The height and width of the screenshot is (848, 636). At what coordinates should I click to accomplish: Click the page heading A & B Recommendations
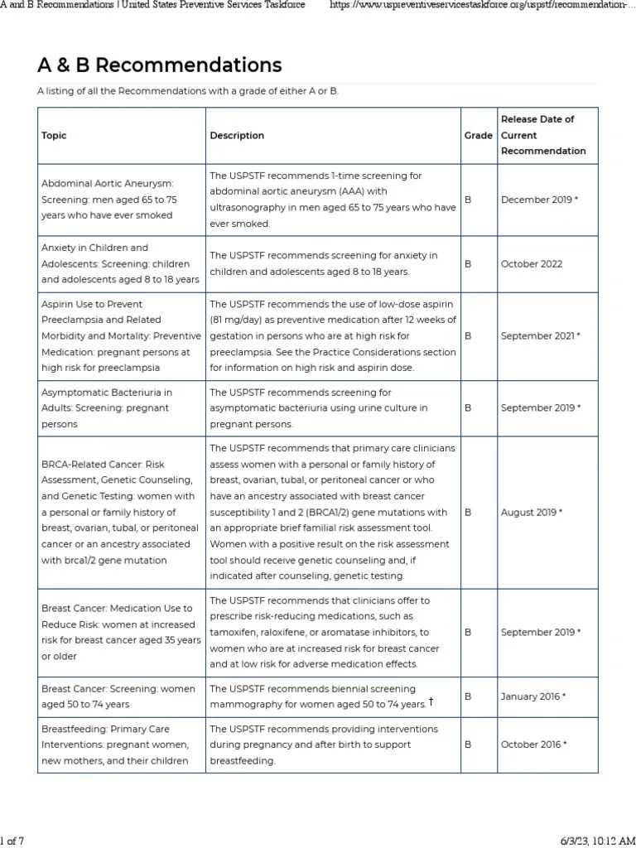pos(159,65)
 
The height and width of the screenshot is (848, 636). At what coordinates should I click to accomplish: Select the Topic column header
pos(54,135)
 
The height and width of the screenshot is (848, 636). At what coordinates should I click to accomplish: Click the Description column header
pos(237,135)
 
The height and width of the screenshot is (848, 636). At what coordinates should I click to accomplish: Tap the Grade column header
pos(478,135)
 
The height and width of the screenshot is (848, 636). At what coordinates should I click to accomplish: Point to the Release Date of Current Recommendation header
pos(542,135)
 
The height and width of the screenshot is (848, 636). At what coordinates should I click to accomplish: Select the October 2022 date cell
pos(531,264)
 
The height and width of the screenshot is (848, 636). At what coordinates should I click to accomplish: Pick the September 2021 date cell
pos(540,336)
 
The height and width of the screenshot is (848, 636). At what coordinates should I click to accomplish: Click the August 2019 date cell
pos(531,513)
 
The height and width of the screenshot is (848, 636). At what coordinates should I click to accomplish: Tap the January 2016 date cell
pos(532,696)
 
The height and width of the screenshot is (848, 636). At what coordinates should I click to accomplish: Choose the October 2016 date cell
pos(533,744)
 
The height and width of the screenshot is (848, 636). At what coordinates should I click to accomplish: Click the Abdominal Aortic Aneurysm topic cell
pos(109,200)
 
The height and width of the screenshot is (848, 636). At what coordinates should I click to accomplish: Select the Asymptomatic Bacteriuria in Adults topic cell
pos(107,408)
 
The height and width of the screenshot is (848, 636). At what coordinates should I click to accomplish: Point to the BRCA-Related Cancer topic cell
pos(120,513)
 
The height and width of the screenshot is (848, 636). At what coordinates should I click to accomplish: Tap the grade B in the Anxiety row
pos(468,264)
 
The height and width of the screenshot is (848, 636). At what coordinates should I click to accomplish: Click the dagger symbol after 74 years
pos(431,702)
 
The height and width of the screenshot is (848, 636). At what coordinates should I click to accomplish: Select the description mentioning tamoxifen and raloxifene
pos(332,633)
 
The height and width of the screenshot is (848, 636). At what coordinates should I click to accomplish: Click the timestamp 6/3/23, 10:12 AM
pos(593,841)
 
